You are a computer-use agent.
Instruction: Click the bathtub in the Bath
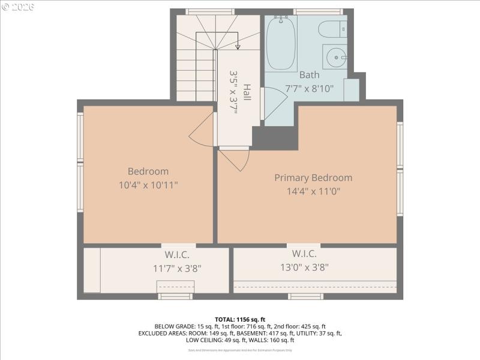(281, 43)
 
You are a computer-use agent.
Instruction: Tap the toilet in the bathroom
(332, 29)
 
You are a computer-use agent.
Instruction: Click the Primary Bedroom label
(313, 178)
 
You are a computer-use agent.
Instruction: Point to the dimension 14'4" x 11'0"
(313, 192)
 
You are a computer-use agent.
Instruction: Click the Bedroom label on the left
(148, 171)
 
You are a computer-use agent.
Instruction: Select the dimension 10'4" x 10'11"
(148, 185)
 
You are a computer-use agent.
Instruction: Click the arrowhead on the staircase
(238, 47)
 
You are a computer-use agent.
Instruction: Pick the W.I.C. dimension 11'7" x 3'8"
(177, 268)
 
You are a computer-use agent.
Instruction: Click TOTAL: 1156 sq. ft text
(240, 319)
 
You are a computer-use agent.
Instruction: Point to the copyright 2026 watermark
(18, 7)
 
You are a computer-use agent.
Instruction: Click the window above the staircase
(209, 11)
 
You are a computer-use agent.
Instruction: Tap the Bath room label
(310, 75)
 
